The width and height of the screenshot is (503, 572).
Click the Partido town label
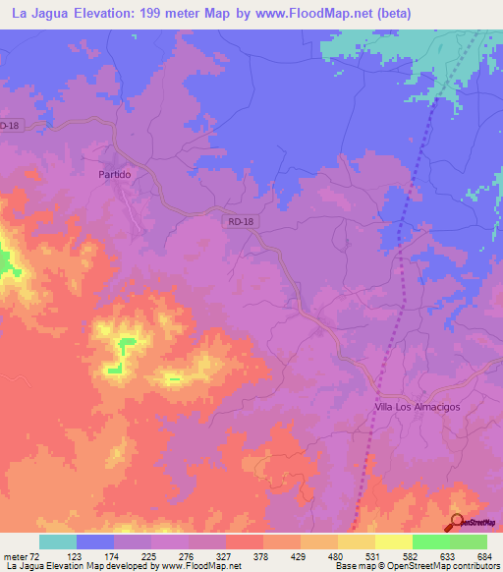(x=115, y=173)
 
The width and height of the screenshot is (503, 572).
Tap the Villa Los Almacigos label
(x=418, y=407)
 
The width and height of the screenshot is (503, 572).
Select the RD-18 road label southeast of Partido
(x=241, y=222)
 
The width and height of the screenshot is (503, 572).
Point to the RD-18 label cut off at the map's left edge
(x=9, y=126)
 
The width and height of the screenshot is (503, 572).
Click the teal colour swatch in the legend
(x=58, y=542)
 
